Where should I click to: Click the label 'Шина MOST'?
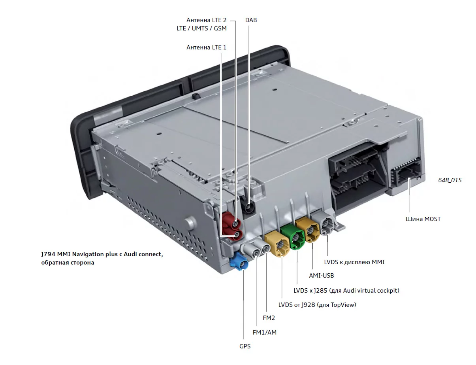point(423,219)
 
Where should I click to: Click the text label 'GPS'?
point(245,346)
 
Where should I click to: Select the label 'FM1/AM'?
point(265,332)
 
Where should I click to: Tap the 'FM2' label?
point(269,318)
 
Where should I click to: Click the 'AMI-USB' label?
point(321,276)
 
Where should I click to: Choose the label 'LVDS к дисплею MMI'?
point(354,262)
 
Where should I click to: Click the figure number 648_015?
point(450,180)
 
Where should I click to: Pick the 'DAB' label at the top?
point(251,20)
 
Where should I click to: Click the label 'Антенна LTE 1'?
point(206,47)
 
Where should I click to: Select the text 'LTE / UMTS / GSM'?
point(201,28)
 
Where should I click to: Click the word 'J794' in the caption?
point(49,254)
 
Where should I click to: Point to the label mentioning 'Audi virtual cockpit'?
point(346,290)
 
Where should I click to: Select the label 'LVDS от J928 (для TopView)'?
point(317,304)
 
